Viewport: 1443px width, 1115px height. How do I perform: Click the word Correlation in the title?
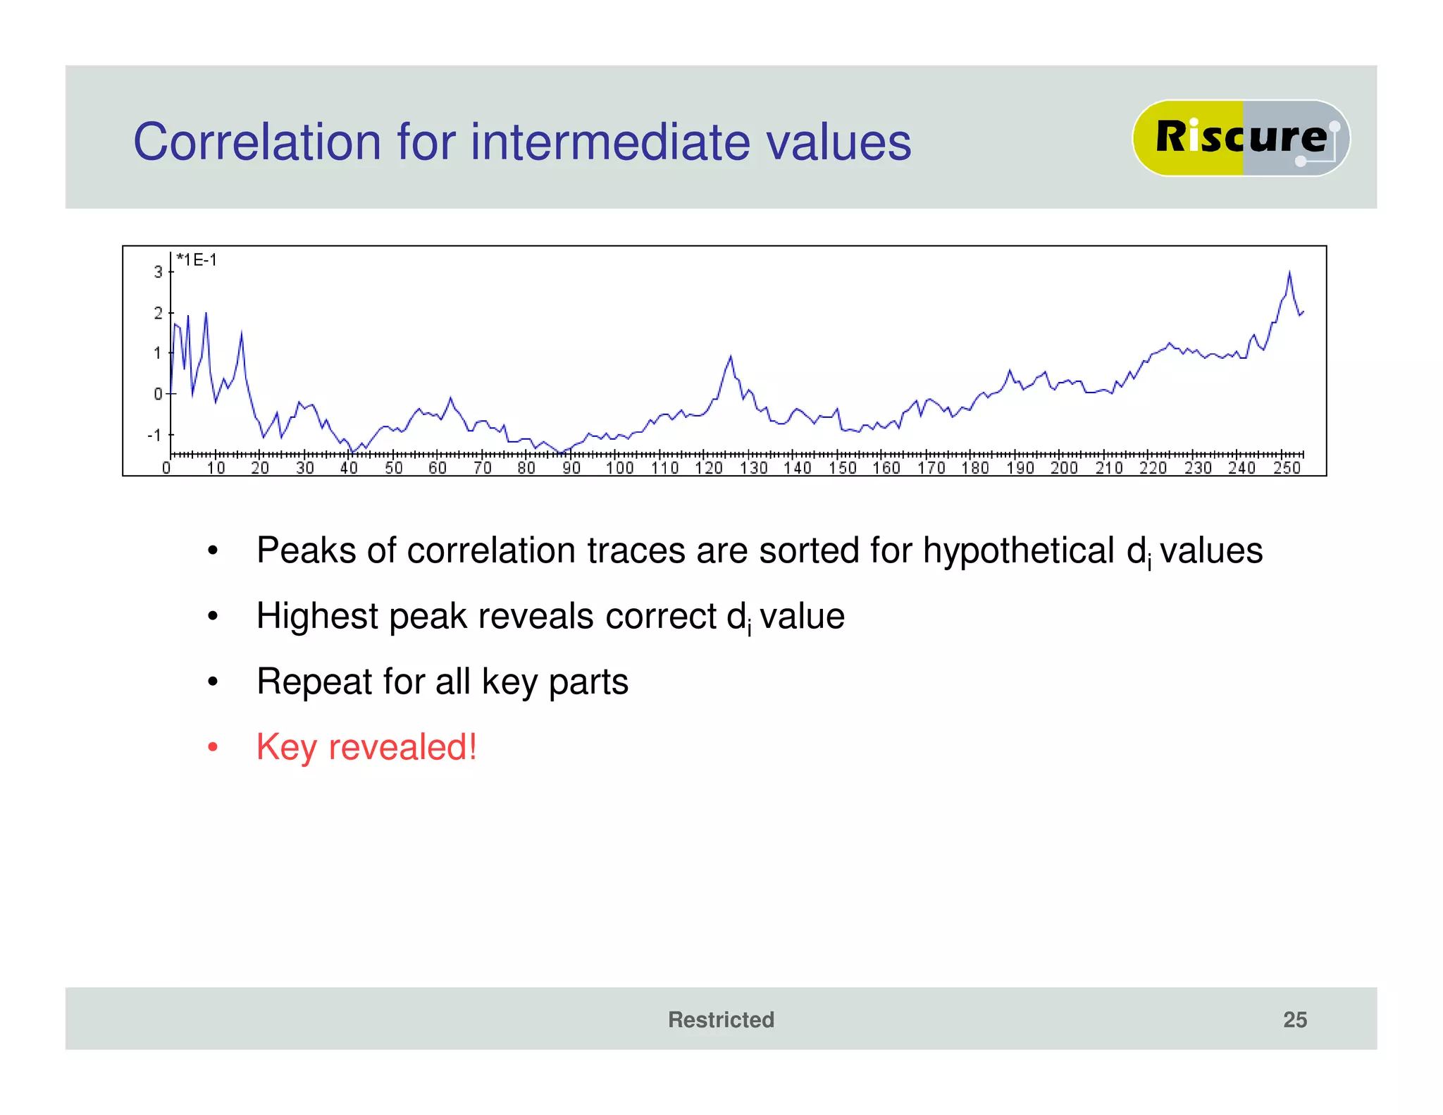pos(258,142)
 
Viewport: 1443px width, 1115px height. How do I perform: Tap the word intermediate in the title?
pos(610,142)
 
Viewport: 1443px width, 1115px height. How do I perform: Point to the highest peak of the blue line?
pos(1289,272)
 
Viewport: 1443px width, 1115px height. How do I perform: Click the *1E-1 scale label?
pos(197,260)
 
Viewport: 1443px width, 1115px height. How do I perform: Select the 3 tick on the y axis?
pos(159,271)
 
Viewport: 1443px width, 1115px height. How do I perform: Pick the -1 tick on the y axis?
pos(154,435)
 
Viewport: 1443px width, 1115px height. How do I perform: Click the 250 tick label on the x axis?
pos(1287,468)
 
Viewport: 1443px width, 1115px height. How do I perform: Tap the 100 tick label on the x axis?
pos(620,468)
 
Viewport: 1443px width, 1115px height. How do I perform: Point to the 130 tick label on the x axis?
pos(753,468)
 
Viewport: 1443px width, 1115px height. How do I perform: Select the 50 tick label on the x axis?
pos(393,468)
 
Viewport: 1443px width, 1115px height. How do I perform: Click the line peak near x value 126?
pos(731,357)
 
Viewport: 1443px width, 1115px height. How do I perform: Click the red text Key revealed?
pos(366,747)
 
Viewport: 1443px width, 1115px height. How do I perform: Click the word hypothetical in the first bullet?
pos(1018,550)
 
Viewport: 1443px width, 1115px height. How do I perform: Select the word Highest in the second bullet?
pos(317,616)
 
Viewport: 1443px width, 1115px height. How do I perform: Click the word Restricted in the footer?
pos(721,1019)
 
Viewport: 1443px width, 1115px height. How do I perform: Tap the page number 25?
pos(1294,1019)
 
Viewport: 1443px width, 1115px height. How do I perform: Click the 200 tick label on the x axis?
pos(1064,468)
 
